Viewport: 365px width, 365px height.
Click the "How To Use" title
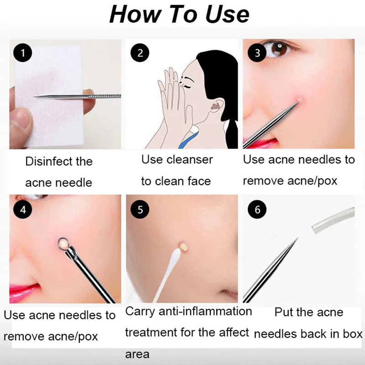tap(179, 14)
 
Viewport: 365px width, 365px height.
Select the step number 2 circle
tap(140, 52)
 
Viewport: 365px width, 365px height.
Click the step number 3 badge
tap(257, 52)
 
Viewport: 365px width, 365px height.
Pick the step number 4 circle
tap(21, 210)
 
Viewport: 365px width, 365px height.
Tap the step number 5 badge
tap(140, 209)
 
